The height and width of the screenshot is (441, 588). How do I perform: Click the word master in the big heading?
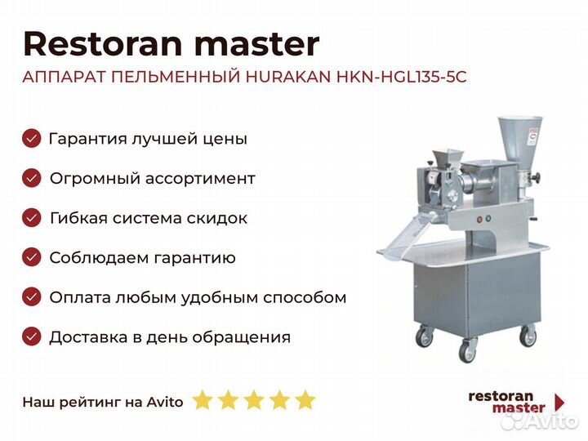coord(257,44)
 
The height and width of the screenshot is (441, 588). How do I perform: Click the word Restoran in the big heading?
coord(102,44)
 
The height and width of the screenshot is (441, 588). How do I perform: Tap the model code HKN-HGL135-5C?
coord(401,77)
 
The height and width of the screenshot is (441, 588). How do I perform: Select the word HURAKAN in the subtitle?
coord(288,77)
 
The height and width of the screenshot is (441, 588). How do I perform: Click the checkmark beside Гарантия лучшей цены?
coord(32,138)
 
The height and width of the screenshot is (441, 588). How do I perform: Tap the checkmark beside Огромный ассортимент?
coord(32,178)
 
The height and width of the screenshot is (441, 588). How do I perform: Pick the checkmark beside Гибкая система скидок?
coord(32,218)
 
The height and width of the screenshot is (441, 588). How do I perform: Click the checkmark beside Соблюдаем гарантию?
coord(32,257)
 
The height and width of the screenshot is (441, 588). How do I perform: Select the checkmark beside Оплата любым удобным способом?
coord(32,297)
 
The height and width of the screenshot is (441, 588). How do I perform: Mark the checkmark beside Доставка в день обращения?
coord(32,336)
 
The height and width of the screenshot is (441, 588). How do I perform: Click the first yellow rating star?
coord(203,399)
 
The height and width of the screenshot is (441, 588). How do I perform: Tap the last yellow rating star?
coord(305,399)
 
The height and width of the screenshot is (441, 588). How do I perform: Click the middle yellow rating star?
coord(254,399)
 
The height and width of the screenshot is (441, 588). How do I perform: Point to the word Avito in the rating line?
coord(165,402)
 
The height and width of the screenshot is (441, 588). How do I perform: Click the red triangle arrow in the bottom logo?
coord(559,402)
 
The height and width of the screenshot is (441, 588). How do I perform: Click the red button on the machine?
coord(479,220)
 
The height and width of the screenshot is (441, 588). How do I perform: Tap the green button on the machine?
coord(488,218)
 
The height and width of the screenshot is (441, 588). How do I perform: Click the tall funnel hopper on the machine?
coord(519,142)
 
